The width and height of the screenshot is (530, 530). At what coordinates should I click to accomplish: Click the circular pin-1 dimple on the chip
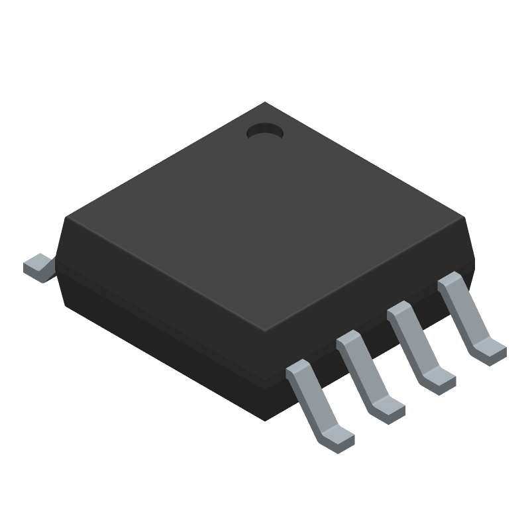tap(264, 132)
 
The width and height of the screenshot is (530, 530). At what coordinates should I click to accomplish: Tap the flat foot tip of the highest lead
tap(492, 349)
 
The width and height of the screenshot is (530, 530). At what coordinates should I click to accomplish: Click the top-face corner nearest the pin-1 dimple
tap(265, 104)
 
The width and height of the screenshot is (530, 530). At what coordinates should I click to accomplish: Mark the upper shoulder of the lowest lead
tap(299, 370)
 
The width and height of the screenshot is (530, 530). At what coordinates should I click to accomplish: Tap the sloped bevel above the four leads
tap(371, 291)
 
